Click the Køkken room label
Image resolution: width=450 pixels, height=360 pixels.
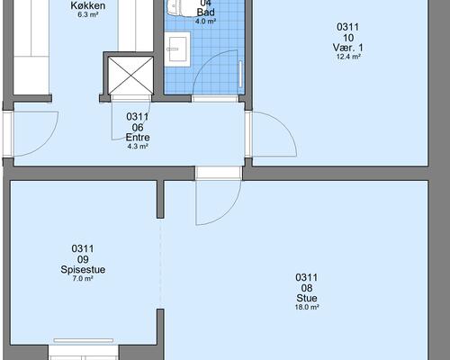87,5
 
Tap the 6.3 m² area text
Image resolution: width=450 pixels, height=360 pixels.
88,14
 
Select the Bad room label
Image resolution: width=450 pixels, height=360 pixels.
206,13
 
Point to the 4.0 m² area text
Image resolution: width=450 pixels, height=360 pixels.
206,22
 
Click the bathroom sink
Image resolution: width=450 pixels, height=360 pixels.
177,49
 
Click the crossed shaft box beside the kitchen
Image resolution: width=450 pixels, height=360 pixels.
130,76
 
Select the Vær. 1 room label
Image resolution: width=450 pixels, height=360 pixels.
347,48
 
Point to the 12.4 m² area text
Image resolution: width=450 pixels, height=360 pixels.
348,57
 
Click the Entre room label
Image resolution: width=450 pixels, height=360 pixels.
138,138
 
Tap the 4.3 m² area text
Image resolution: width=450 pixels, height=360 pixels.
138,147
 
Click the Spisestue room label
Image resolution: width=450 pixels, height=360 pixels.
83,269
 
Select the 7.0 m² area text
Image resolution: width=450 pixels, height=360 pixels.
83,278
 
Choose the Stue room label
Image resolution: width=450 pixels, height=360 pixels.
307,298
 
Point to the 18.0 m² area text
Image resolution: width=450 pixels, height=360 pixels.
307,307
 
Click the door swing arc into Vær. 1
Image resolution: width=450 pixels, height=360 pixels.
284,124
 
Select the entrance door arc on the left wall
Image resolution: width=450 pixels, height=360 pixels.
45,143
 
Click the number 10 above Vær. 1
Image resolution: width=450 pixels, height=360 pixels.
347,38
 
